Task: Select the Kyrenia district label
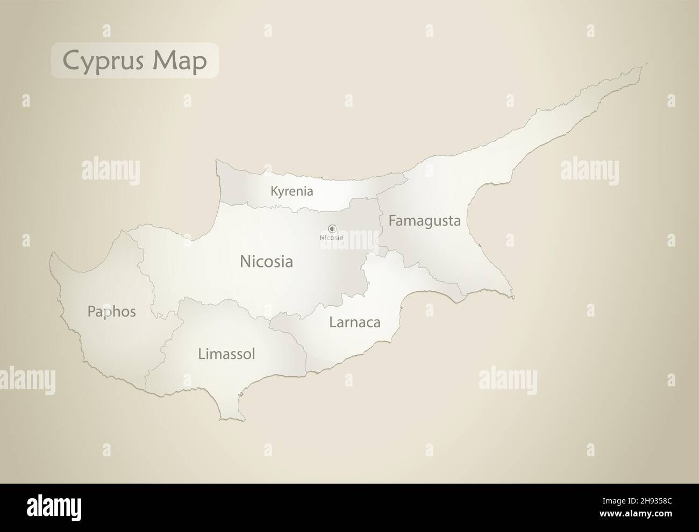pyautogui.click(x=291, y=191)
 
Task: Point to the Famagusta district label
pyautogui.click(x=424, y=221)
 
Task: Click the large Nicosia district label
pyautogui.click(x=266, y=262)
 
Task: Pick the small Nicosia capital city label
pyautogui.click(x=331, y=237)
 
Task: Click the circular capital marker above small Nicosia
pyautogui.click(x=332, y=228)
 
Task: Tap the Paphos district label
pyautogui.click(x=111, y=312)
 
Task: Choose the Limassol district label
pyautogui.click(x=226, y=354)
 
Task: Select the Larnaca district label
pyautogui.click(x=354, y=322)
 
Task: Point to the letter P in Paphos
pyautogui.click(x=91, y=312)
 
